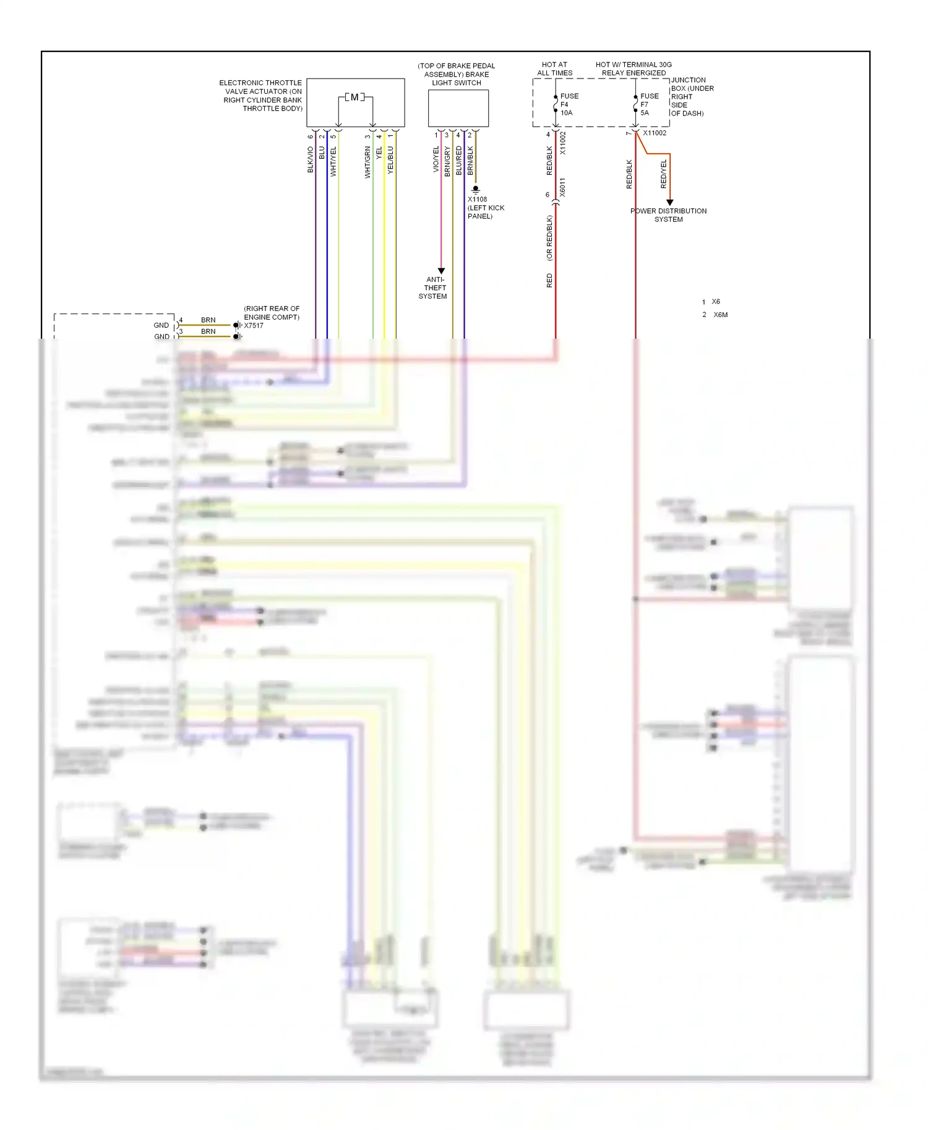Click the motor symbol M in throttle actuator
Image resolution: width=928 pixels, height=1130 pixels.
pos(354,97)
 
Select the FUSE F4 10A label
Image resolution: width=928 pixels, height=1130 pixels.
pos(569,104)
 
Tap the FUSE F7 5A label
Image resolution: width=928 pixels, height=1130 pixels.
pos(648,104)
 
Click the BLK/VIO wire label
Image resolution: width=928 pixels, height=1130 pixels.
pos(311,159)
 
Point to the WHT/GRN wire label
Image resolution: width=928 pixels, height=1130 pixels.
pos(367,163)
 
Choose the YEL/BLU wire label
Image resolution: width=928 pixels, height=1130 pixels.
pos(390,159)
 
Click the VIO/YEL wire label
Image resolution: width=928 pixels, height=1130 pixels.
pos(436,159)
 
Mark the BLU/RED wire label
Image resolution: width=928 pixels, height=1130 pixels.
pos(458,161)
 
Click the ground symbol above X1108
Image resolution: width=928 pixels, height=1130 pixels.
pos(475,189)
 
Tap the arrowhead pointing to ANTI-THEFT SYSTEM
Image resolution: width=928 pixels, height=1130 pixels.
pos(441,271)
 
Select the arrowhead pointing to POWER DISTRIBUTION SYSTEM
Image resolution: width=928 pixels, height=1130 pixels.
pos(669,203)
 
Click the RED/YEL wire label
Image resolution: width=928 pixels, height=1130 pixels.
pos(664,174)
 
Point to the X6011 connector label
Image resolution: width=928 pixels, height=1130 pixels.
pos(562,187)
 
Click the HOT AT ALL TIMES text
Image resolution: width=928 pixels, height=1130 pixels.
pos(554,69)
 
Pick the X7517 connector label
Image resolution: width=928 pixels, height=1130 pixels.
pos(254,326)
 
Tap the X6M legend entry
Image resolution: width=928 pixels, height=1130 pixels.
pos(720,315)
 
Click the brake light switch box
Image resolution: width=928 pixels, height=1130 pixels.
pos(458,108)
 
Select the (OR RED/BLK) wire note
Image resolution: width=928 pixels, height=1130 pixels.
pos(549,237)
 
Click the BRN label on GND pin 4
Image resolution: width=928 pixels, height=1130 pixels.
pos(208,320)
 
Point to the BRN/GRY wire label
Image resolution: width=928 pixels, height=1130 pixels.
pos(447,162)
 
